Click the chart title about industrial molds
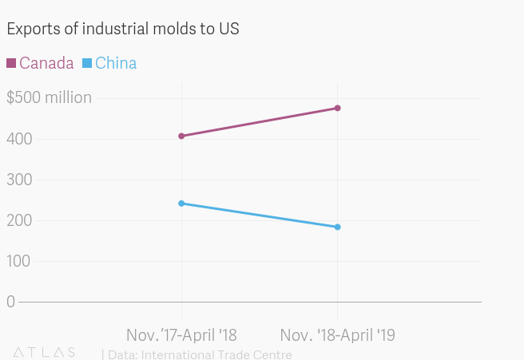point(123,29)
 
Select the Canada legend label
point(46,63)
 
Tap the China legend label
point(115,63)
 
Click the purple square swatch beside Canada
point(11,63)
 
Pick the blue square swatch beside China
point(88,63)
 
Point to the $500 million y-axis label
point(49,98)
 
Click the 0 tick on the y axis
point(10,302)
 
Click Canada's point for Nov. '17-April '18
point(182,136)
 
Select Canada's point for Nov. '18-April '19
point(338,108)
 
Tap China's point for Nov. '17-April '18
point(182,204)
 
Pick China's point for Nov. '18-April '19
point(338,227)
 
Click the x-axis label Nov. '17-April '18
point(181,334)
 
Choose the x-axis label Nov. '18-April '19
point(337,334)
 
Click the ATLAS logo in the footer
point(44,352)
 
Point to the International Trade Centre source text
point(200,354)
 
